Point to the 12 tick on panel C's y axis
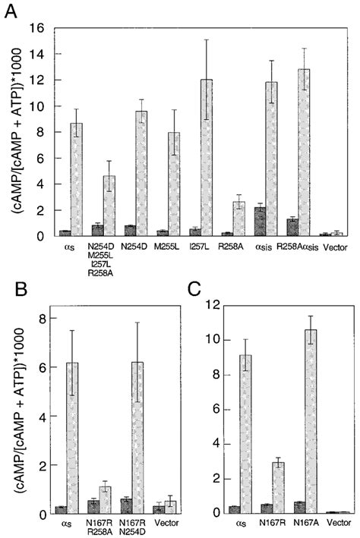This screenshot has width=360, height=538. (220, 305)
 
